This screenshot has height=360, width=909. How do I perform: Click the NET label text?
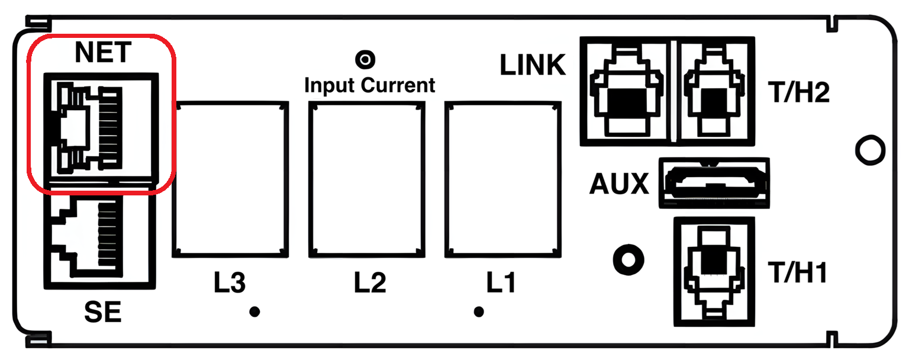tap(102, 53)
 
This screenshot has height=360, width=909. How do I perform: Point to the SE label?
tap(102, 311)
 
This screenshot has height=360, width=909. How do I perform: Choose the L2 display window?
tap(366, 179)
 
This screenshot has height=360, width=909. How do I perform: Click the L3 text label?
tap(230, 284)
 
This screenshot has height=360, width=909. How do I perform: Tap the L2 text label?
tap(370, 284)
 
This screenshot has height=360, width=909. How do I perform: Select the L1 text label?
tap(501, 284)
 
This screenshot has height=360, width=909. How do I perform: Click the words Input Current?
tap(369, 85)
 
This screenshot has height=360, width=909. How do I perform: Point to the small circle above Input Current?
tap(365, 59)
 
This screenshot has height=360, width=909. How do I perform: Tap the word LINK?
tap(533, 66)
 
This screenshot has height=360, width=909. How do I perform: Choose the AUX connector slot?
tap(715, 183)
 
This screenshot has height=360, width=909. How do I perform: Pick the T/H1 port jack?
tap(715, 272)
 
